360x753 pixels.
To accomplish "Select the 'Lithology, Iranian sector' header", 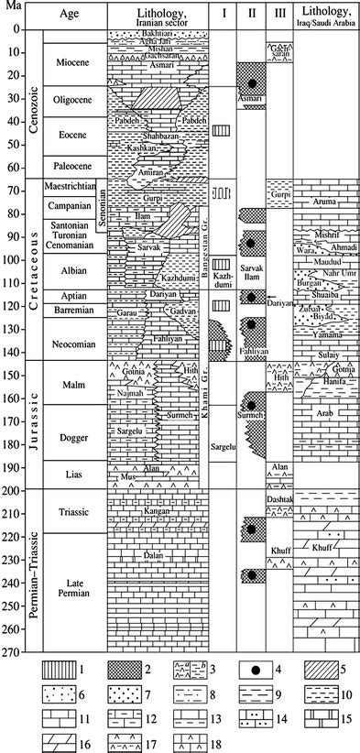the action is coord(157,16).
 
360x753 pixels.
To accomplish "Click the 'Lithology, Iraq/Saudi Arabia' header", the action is coord(325,16).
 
